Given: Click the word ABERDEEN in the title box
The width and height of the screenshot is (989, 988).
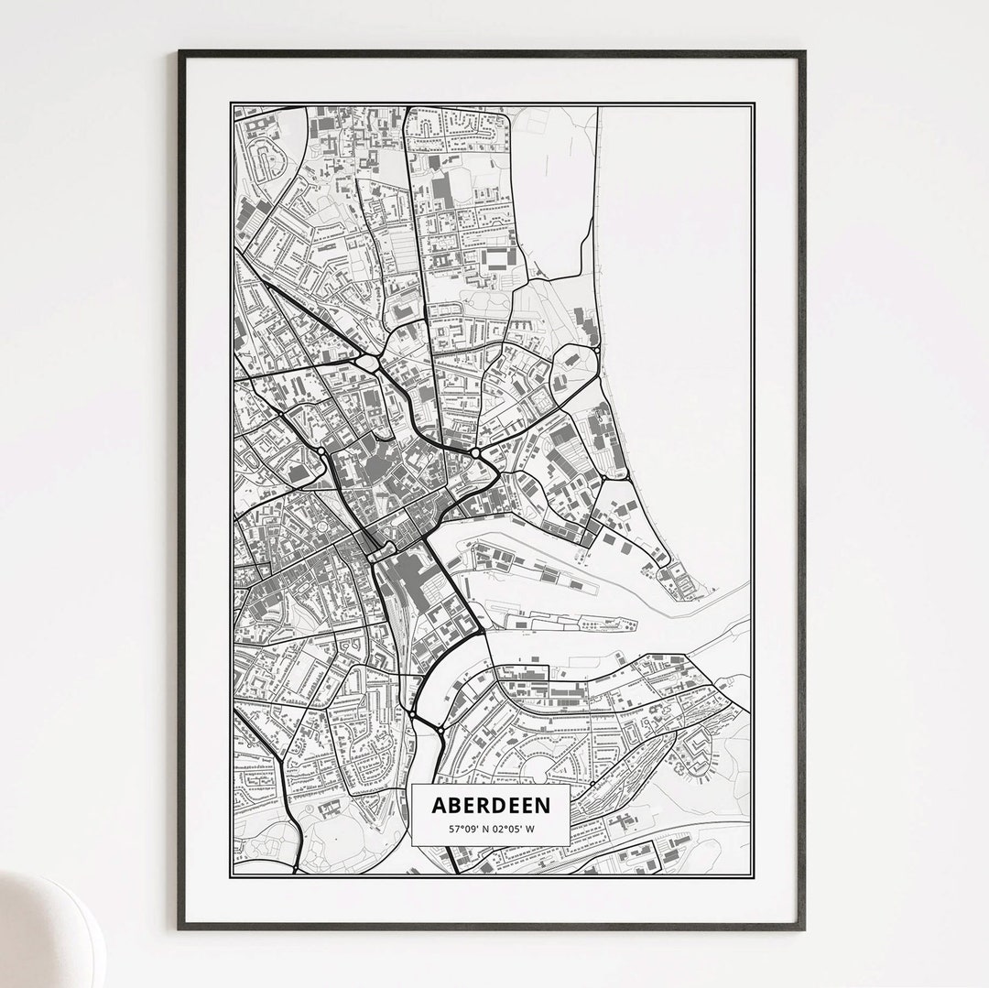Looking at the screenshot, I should click(491, 805).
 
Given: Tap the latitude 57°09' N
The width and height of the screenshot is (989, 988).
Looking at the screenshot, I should click(468, 829).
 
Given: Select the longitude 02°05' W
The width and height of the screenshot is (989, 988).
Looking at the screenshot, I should click(515, 829).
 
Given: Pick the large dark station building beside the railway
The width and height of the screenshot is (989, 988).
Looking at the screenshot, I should click(404, 577).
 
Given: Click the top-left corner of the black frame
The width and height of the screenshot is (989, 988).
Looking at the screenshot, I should click(180, 53).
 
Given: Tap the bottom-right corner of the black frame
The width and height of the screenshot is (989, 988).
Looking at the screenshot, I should click(803, 928).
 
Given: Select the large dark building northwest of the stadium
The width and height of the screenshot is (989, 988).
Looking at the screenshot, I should click(442, 190).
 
